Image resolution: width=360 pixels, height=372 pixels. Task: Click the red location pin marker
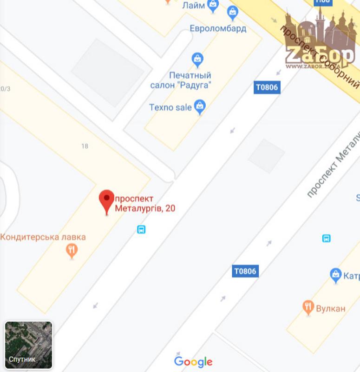(x=107, y=200)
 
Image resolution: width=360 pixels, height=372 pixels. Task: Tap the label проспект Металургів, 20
(x=144, y=204)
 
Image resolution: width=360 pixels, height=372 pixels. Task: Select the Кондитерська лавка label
(x=43, y=237)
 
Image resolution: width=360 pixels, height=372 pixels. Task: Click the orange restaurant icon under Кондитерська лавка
(x=71, y=251)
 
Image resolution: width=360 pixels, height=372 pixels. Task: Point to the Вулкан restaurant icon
(x=308, y=307)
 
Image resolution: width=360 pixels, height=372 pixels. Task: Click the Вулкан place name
(x=331, y=308)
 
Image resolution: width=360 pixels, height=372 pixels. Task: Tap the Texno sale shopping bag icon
(x=200, y=107)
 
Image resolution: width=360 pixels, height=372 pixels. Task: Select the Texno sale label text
(x=170, y=107)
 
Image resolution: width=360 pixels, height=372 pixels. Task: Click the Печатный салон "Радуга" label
(x=181, y=80)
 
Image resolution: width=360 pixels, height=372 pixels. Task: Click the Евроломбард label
(x=218, y=29)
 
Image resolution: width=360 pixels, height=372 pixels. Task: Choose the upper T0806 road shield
(x=267, y=87)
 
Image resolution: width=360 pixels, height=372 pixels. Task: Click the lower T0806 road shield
(x=245, y=271)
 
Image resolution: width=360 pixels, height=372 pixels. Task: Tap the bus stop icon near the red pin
(x=141, y=229)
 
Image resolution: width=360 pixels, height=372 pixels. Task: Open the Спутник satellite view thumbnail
(x=28, y=345)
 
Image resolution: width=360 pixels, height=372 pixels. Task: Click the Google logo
(x=193, y=361)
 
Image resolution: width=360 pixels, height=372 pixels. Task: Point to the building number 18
(x=85, y=146)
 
